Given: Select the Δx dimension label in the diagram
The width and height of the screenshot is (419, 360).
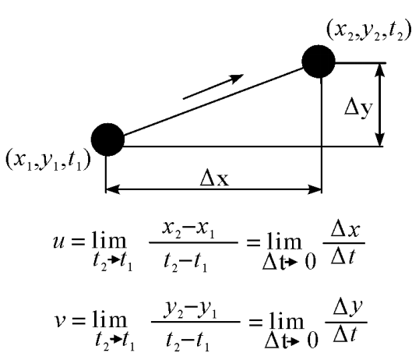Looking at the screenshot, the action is tap(214, 178).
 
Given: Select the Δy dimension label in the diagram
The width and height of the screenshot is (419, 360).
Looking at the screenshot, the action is tap(358, 108).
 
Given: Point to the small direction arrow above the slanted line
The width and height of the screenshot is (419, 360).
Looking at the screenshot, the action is tap(213, 86).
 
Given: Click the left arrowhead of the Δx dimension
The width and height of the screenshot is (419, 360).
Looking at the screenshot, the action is tap(113, 189).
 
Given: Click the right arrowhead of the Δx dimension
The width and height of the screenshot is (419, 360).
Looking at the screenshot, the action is tap(315, 189).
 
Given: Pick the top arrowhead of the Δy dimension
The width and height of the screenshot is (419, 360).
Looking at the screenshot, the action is tap(380, 70).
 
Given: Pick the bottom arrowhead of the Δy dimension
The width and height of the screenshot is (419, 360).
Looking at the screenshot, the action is tap(380, 139).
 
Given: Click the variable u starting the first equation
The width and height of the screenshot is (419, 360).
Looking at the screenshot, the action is tap(58, 242).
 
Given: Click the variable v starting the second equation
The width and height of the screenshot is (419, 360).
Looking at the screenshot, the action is tap(59, 321).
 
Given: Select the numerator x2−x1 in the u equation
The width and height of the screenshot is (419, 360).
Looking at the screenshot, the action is tap(188, 230).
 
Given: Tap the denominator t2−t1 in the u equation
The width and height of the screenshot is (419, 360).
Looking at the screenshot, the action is tap(185, 263).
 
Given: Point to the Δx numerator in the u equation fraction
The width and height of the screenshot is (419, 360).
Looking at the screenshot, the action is tap(345, 230).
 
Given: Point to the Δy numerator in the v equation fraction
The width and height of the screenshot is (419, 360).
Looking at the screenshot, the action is tap(347, 308).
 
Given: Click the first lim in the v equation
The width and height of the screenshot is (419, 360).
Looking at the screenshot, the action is tap(110, 320).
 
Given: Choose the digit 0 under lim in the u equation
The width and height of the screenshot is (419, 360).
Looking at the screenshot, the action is tap(311, 262).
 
